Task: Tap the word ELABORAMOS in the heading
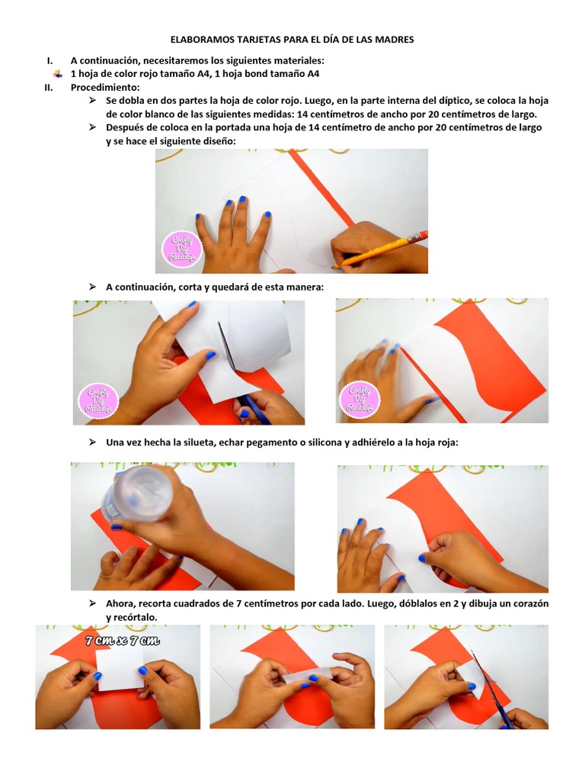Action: (x=200, y=40)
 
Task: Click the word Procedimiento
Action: (x=101, y=88)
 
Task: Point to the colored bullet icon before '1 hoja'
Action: (x=58, y=75)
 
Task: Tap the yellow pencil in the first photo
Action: (x=381, y=249)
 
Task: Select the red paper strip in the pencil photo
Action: (x=320, y=187)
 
